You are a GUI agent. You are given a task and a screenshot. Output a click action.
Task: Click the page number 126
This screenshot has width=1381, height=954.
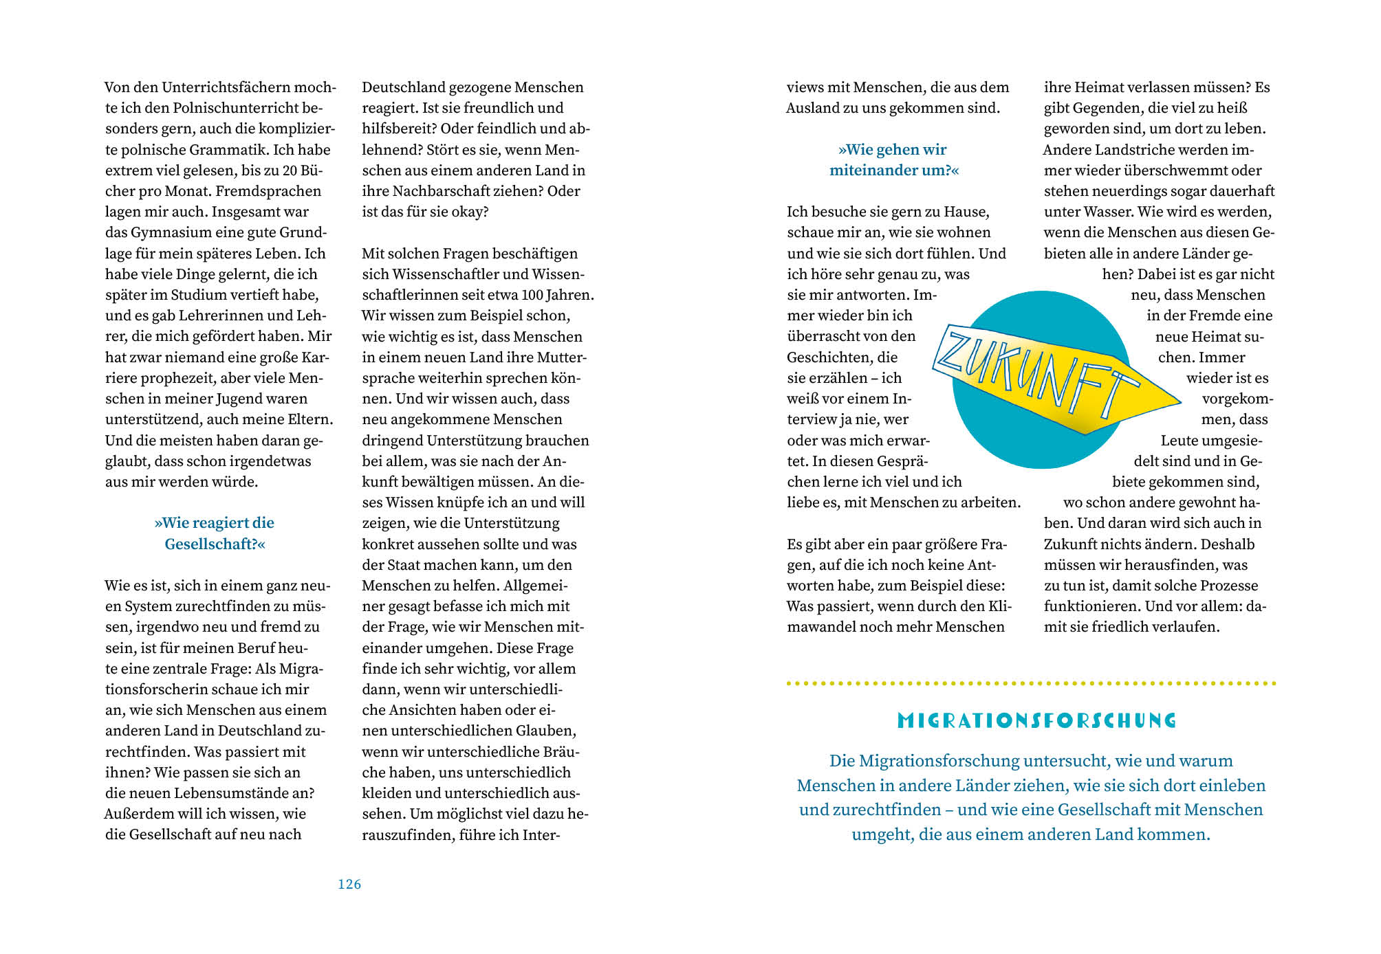point(349,885)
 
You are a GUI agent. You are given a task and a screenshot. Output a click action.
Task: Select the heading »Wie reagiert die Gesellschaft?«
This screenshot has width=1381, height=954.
point(215,533)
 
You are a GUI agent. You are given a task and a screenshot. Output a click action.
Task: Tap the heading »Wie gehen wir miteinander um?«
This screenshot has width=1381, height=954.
point(893,160)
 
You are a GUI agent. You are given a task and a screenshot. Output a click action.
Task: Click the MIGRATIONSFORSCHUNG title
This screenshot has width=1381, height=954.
point(1037,721)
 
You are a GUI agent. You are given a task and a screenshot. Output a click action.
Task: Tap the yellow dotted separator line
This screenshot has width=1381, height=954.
point(1031,683)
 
